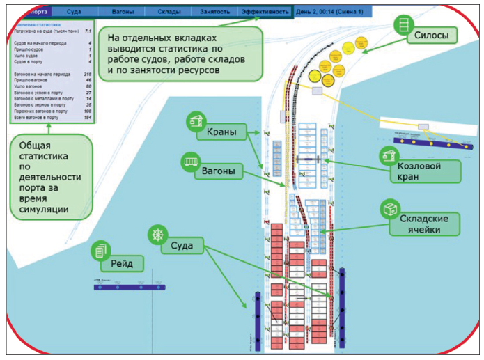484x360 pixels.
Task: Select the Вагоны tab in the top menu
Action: pyautogui.click(x=123, y=12)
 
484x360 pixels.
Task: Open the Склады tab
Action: pyautogui.click(x=169, y=12)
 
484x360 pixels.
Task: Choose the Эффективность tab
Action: pyautogui.click(x=265, y=12)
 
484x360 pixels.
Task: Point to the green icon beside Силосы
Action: pyautogui.click(x=403, y=24)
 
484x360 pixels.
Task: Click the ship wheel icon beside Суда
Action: pyautogui.click(x=156, y=235)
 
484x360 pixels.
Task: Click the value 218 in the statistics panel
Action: pyautogui.click(x=87, y=73)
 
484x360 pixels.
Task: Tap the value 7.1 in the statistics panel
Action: pyautogui.click(x=87, y=31)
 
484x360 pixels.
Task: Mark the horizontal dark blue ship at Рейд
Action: pyautogui.click(x=128, y=286)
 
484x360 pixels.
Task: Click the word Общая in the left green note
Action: pyautogui.click(x=35, y=145)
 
